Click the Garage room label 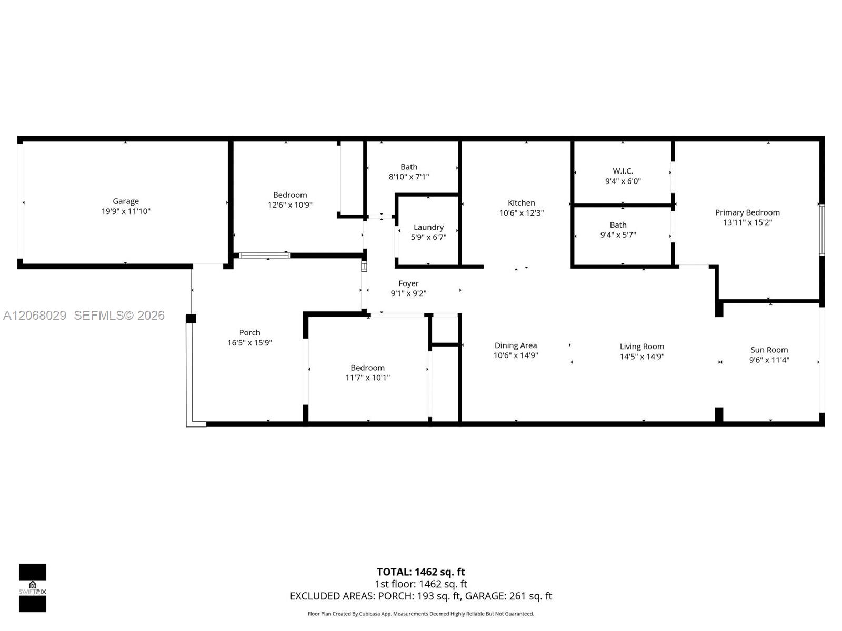click(125, 201)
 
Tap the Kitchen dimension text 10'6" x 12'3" click(521, 213)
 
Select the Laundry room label click(428, 227)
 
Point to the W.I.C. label click(623, 171)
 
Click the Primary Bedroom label click(747, 212)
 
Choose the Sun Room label click(769, 350)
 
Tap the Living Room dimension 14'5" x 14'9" click(641, 357)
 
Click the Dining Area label click(515, 345)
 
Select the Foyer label click(408, 283)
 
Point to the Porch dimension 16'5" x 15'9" click(249, 342)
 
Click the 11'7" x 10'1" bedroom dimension click(367, 378)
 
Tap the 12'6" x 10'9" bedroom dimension click(289, 205)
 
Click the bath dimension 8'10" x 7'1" click(408, 177)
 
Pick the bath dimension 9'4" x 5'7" click(618, 235)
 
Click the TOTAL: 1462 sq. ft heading click(420, 572)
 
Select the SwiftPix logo click(33, 588)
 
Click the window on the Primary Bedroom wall click(821, 230)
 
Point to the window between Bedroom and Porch click(264, 256)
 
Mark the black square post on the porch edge click(191, 318)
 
